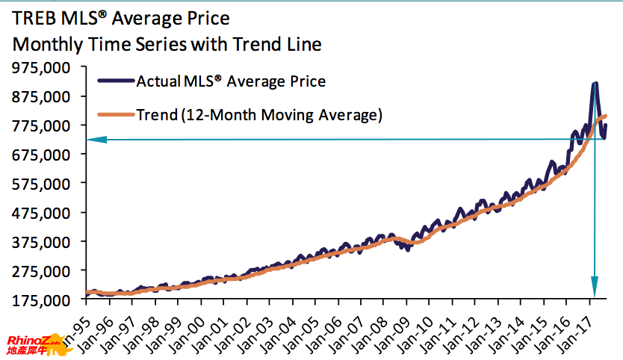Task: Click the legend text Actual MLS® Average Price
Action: coord(231,81)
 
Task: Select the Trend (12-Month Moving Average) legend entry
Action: coord(259,115)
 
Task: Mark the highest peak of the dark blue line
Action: coord(595,84)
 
